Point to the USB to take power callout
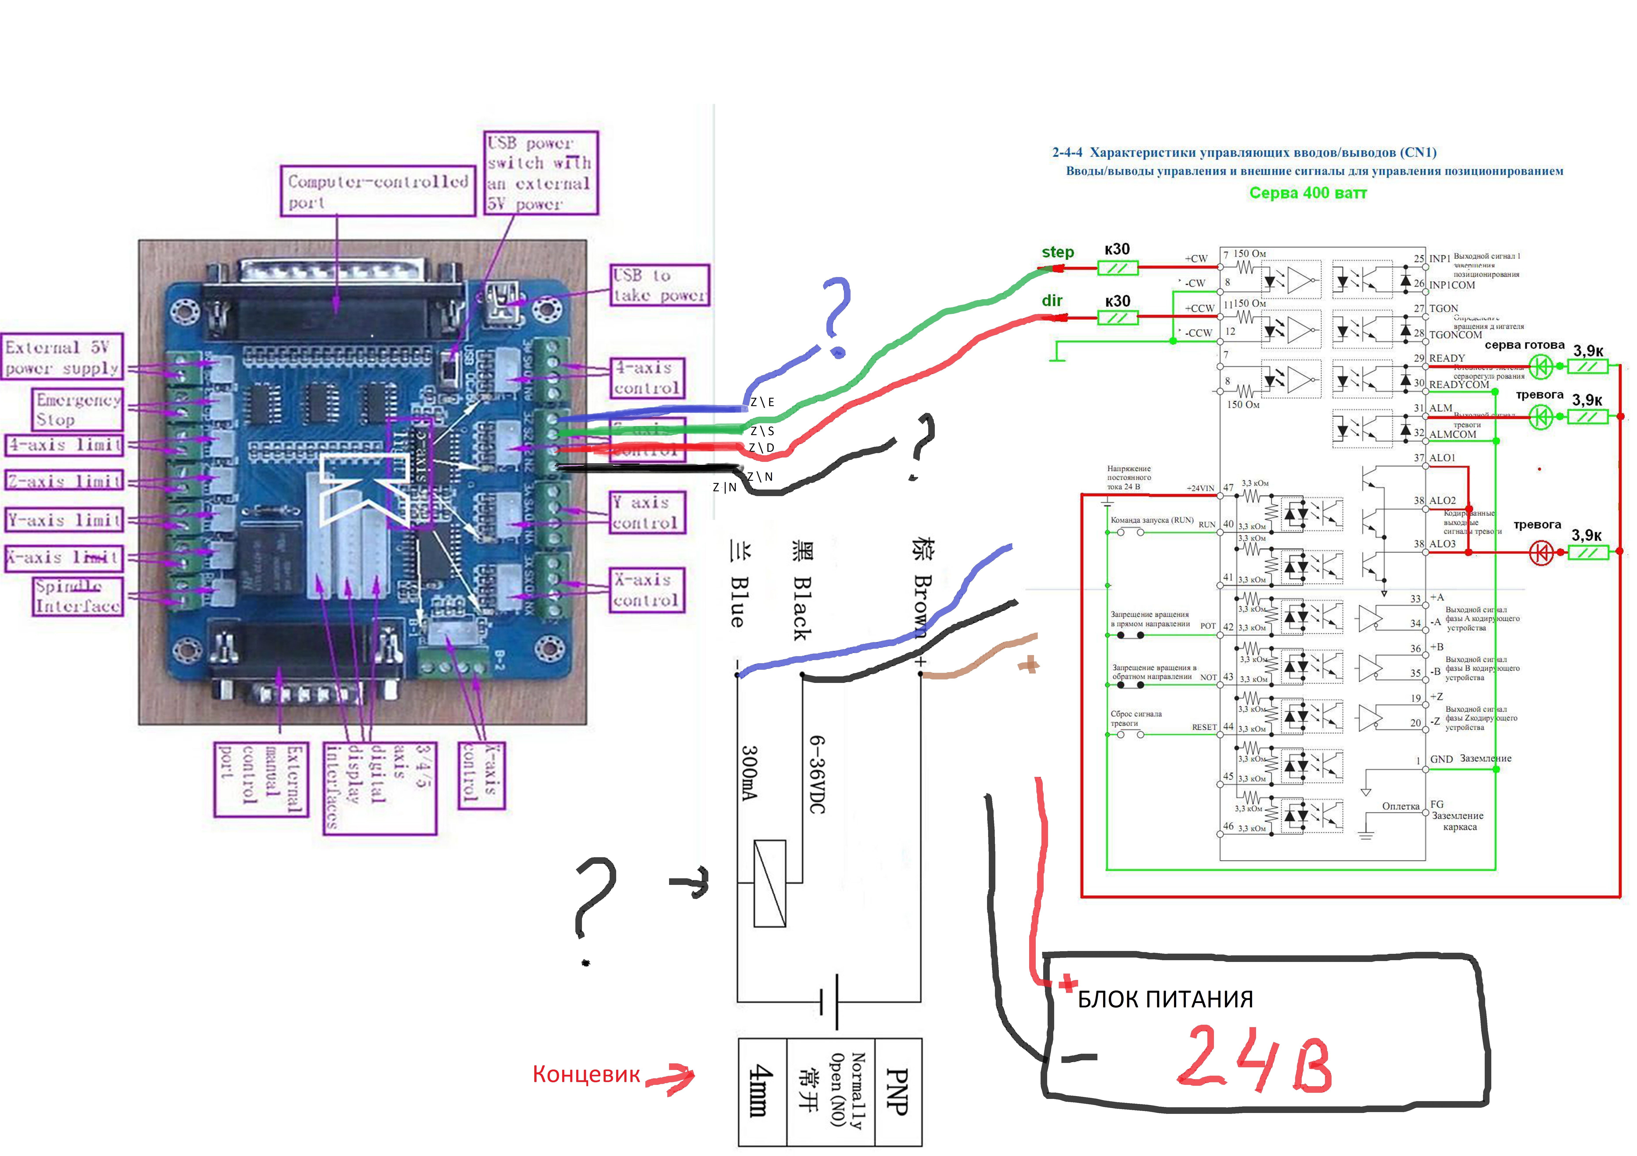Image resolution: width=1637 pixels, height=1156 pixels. pyautogui.click(x=659, y=285)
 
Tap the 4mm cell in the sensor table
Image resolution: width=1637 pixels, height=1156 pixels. pyautogui.click(x=761, y=1091)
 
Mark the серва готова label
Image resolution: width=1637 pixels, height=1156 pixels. pyautogui.click(x=1524, y=345)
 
